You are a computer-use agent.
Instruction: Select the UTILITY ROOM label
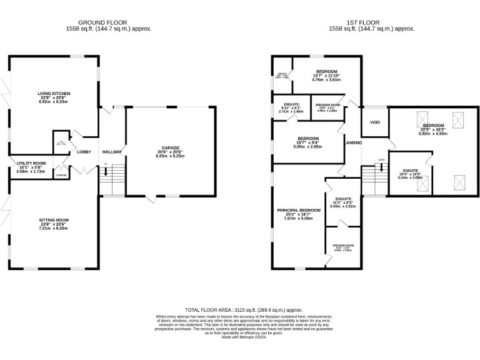tap(31, 162)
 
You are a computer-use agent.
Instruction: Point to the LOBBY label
tap(84, 152)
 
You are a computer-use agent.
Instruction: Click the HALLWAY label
tap(112, 152)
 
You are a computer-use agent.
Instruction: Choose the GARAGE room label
tap(171, 148)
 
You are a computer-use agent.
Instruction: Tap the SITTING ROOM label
tap(53, 220)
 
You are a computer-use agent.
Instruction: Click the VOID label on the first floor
tap(375, 122)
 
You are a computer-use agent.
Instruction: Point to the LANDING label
tap(354, 143)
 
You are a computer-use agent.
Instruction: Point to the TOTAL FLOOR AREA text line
tap(244, 310)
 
